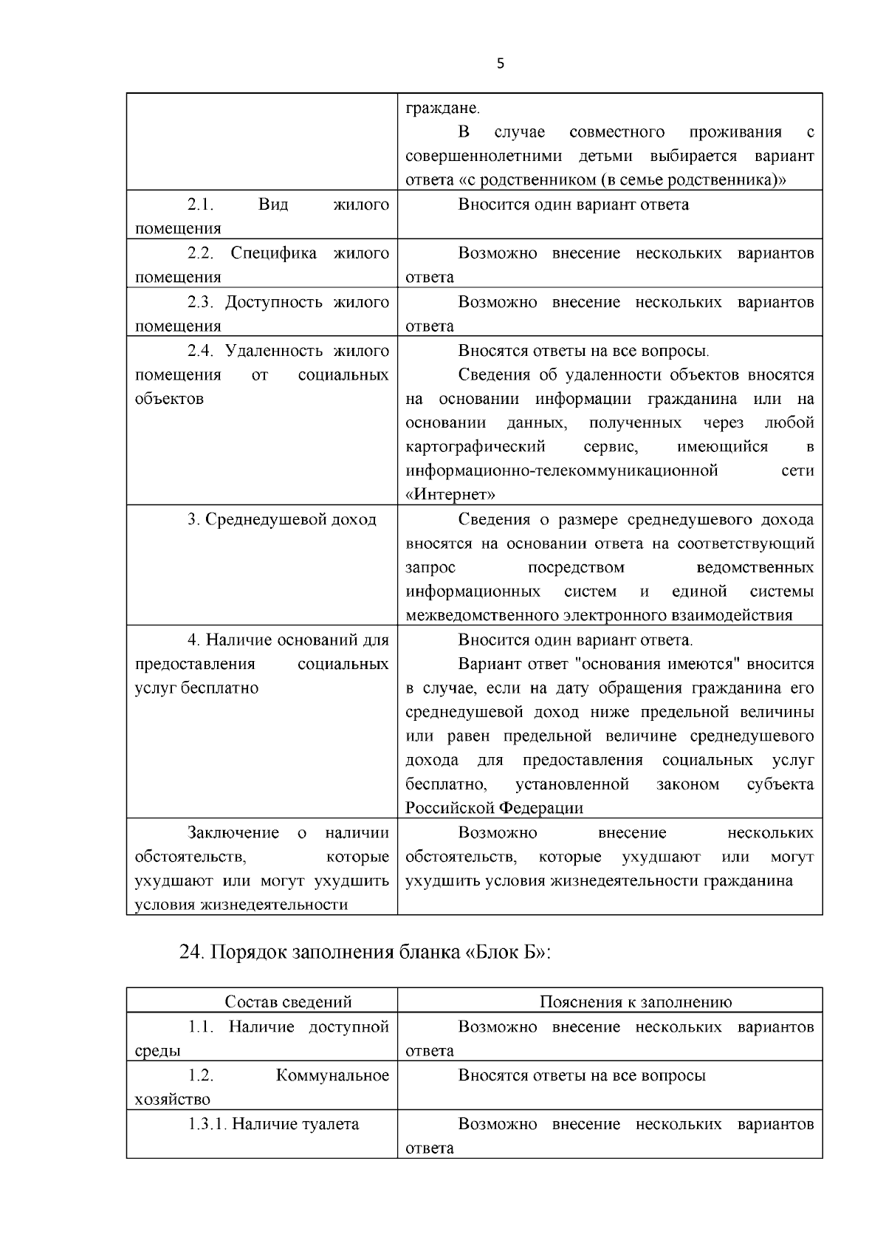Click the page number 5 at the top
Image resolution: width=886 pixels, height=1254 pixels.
(501, 64)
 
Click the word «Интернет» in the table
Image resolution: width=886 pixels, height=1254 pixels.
(450, 494)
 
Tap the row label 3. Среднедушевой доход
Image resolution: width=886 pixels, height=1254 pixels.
(281, 520)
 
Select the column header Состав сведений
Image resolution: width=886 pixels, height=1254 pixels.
(288, 1001)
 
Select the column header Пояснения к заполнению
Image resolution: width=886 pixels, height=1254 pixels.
(635, 1001)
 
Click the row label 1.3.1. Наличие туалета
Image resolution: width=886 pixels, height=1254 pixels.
(273, 1124)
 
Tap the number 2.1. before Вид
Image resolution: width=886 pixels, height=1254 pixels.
(200, 205)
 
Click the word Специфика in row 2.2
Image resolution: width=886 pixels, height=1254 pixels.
(274, 253)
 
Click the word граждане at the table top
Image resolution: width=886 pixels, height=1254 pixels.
(442, 109)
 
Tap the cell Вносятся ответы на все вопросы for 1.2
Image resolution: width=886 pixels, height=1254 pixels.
(581, 1075)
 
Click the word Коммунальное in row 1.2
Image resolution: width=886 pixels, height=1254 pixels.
(332, 1075)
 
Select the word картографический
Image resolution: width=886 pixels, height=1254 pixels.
(475, 447)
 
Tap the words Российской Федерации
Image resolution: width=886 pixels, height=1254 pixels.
(494, 808)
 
